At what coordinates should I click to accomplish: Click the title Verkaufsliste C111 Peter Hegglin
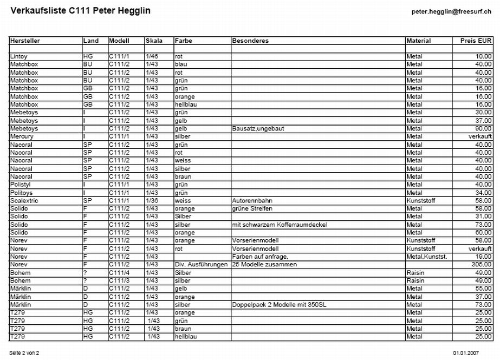80,11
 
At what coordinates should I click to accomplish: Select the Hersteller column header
25,41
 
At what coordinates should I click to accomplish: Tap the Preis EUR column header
476,41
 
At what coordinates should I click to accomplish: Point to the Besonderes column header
250,41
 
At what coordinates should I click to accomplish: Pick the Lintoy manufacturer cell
19,56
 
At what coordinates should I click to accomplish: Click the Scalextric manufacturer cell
24,201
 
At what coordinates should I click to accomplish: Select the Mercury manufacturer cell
22,136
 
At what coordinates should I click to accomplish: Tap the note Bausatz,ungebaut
258,128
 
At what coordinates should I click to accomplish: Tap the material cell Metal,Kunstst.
427,257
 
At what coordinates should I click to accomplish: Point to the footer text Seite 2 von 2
24,352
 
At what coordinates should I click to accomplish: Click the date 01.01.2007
465,352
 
